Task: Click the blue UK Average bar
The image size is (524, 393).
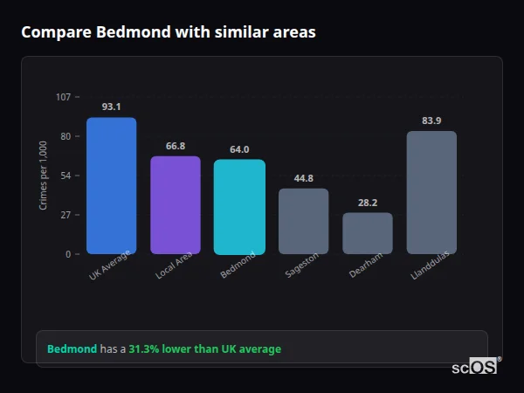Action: coord(111,186)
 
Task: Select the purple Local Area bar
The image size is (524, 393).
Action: coord(176,205)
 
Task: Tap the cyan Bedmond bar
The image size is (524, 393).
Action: coord(239,207)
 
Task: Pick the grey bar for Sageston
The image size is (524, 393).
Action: coord(303,221)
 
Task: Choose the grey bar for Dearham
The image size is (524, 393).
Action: coord(368,233)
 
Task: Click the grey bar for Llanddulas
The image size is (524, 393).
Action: coord(431,192)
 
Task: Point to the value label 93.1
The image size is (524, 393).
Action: coord(111,107)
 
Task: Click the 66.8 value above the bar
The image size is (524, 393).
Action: coord(176,146)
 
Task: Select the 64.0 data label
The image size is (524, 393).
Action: coord(239,149)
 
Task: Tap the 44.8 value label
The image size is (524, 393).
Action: coord(303,178)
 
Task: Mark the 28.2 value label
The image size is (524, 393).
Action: coord(368,203)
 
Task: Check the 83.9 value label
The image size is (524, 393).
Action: coord(431,121)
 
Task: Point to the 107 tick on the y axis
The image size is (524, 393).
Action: coord(63,97)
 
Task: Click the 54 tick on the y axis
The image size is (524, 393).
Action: coord(65,176)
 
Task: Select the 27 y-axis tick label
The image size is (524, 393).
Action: coord(65,215)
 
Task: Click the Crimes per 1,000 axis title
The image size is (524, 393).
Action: coord(43,176)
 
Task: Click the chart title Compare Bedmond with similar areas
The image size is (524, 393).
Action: coord(169,32)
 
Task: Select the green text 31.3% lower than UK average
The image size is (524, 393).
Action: coord(204,349)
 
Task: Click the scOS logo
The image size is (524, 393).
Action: coord(475,367)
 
